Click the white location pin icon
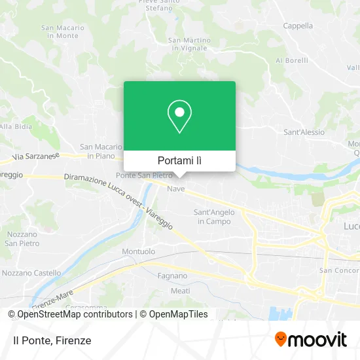[179, 117]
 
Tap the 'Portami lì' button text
[179, 160]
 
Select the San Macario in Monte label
[63, 31]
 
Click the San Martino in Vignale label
[190, 43]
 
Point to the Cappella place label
[298, 26]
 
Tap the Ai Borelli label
[291, 60]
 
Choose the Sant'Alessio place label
[304, 132]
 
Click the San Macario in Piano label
[101, 151]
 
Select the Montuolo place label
[139, 251]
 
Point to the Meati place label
[180, 290]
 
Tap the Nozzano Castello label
[32, 273]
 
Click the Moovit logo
[310, 340]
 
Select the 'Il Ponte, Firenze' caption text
[52, 340]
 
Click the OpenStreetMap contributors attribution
[70, 314]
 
